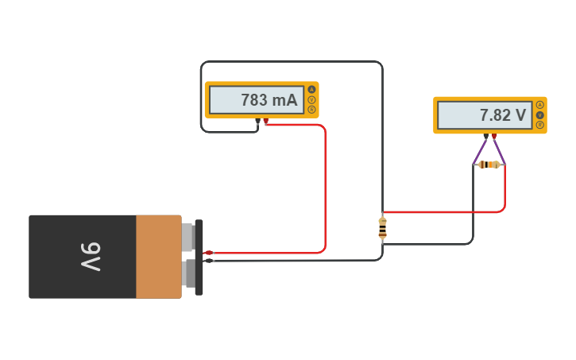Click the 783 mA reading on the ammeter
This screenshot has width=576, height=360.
pyautogui.click(x=269, y=100)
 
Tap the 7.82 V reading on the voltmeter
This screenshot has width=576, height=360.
pyautogui.click(x=502, y=115)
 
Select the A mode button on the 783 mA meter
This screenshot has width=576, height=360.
pyautogui.click(x=312, y=89)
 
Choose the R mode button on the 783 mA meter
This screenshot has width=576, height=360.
pyautogui.click(x=312, y=110)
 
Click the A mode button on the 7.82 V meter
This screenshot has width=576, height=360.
pyautogui.click(x=540, y=105)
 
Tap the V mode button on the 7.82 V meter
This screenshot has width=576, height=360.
pyautogui.click(x=540, y=114)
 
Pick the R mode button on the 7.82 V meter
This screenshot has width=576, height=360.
pyautogui.click(x=540, y=125)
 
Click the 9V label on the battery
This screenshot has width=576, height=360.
pyautogui.click(x=91, y=257)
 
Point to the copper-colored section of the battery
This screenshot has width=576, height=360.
pyautogui.click(x=158, y=257)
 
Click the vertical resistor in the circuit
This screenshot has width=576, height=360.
pyautogui.click(x=382, y=227)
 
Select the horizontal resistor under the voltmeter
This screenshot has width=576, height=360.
pyautogui.click(x=489, y=165)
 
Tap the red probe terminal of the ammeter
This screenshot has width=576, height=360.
pyautogui.click(x=266, y=122)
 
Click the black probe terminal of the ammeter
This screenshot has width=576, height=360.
pyautogui.click(x=257, y=122)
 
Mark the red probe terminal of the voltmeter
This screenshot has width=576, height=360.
pyautogui.click(x=494, y=137)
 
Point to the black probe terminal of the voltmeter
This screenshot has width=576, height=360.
pyautogui.click(x=485, y=137)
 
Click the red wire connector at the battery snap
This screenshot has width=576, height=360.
pyautogui.click(x=209, y=253)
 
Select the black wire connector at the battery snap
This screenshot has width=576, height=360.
pyautogui.click(x=209, y=261)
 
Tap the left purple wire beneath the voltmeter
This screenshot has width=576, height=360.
pyautogui.click(x=480, y=150)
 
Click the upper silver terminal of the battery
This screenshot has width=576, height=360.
pyautogui.click(x=187, y=236)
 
